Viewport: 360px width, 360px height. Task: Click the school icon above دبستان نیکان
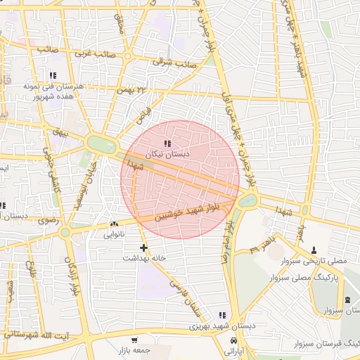point(167,143)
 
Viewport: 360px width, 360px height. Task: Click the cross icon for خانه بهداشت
point(144,247)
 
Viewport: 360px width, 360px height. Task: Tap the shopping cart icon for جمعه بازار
point(134,340)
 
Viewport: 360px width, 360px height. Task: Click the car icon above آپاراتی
point(232,340)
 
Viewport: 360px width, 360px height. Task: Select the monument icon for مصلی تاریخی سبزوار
point(314,250)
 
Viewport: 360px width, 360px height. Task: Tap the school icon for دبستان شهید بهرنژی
point(222,316)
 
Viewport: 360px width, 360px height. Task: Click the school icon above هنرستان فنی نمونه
point(52,75)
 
